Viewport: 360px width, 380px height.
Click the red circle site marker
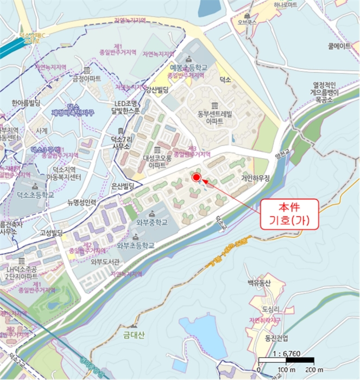pyautogui.click(x=197, y=176)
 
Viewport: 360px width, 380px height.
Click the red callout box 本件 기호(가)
pyautogui.click(x=289, y=213)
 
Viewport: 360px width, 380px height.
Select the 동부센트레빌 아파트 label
pyautogui.click(x=214, y=118)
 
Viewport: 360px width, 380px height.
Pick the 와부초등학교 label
pyautogui.click(x=136, y=245)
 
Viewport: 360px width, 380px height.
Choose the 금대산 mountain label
pyautogui.click(x=133, y=335)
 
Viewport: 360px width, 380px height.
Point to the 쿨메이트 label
pyautogui.click(x=340, y=47)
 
